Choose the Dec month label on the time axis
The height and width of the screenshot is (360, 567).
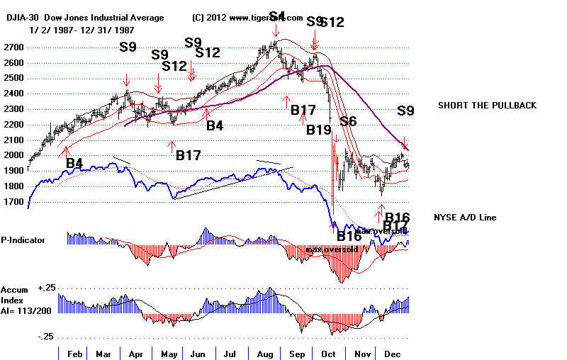coord(393,351)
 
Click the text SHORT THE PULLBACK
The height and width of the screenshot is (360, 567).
coord(487,106)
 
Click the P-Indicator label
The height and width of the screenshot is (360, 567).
coord(23,240)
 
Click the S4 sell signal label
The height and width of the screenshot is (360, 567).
coord(277,16)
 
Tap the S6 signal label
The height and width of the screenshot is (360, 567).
coord(347,121)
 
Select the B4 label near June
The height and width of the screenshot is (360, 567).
coord(215,125)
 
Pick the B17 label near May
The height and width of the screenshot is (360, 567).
coord(189,154)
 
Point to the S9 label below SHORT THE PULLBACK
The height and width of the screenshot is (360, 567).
coord(405,111)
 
